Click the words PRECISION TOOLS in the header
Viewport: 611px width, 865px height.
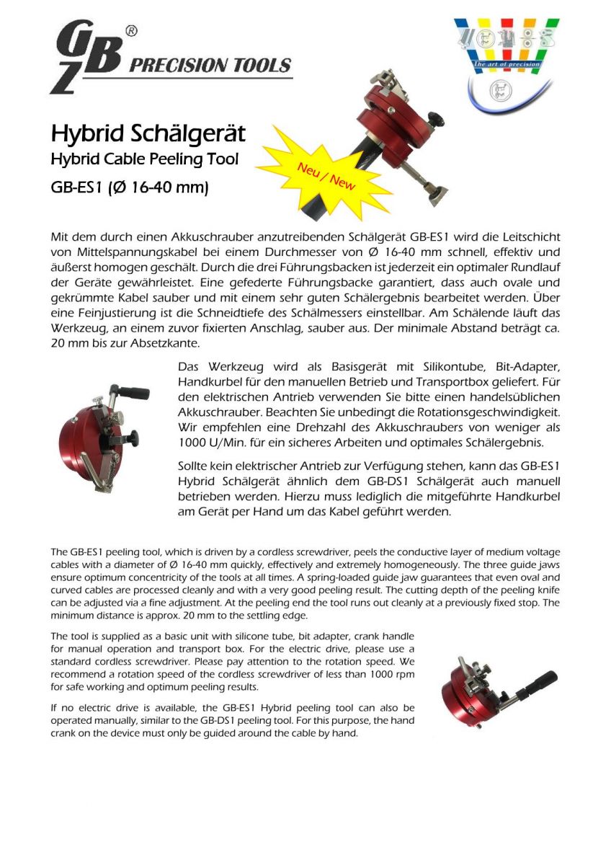coord(210,66)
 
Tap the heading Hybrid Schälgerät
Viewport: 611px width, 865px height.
coord(148,133)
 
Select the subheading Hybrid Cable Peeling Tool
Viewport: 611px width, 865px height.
coord(143,159)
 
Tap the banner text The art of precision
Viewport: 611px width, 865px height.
coord(505,65)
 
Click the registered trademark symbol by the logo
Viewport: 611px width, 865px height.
coord(131,31)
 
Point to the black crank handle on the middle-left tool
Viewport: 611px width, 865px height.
coord(134,393)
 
